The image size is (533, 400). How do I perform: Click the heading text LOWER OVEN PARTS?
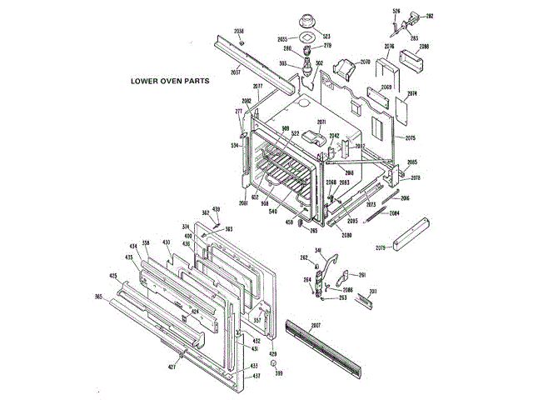pyautogui.click(x=169, y=82)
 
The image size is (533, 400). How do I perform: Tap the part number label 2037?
pyautogui.click(x=236, y=72)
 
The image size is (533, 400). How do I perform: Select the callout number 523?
pyautogui.click(x=326, y=37)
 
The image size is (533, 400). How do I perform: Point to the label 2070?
pyautogui.click(x=365, y=62)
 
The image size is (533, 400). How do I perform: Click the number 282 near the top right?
pyautogui.click(x=430, y=16)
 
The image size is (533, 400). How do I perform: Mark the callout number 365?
pyautogui.click(x=98, y=297)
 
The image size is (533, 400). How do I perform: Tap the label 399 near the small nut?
pyautogui.click(x=279, y=373)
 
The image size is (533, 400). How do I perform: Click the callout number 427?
pyautogui.click(x=172, y=367)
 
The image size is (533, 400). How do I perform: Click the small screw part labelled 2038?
pyautogui.click(x=241, y=42)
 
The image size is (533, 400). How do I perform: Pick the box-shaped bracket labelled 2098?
pyautogui.click(x=413, y=63)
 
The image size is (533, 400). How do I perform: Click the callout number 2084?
pyautogui.click(x=394, y=212)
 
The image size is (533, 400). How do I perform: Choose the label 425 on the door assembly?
pyautogui.click(x=113, y=276)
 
